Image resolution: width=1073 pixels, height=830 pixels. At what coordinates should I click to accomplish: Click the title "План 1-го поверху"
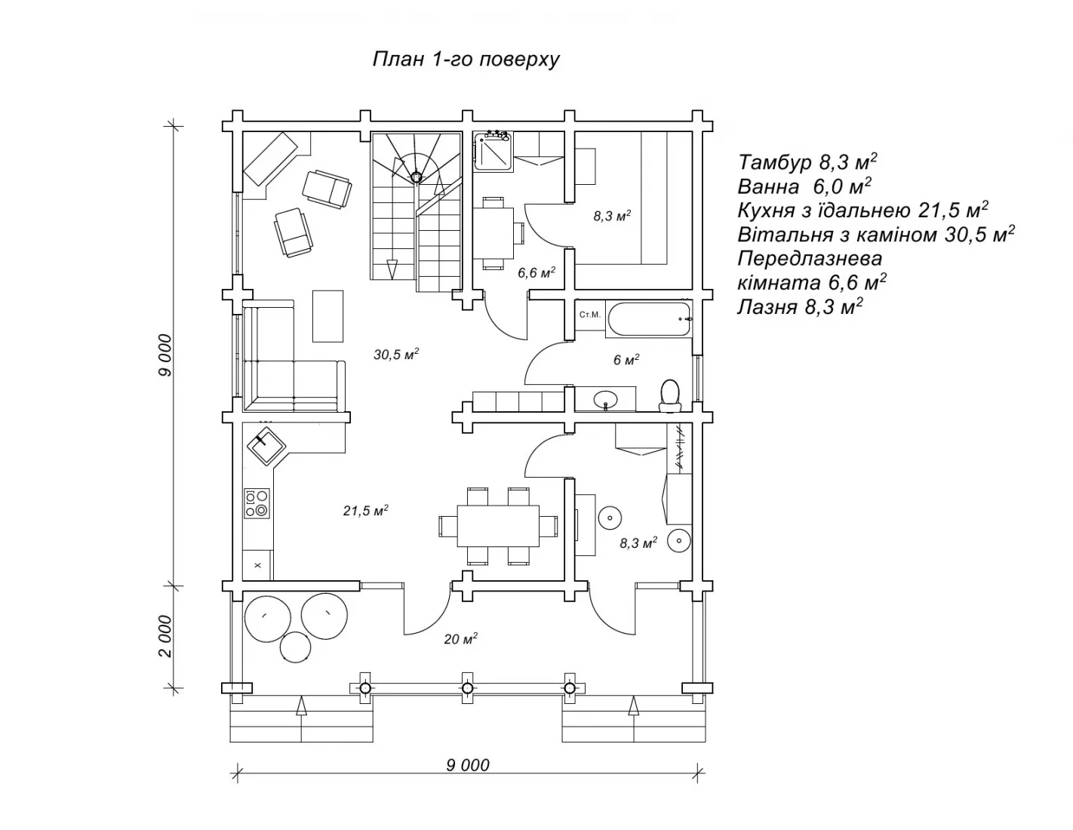point(466,60)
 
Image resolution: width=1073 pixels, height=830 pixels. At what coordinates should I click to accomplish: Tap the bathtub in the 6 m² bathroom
point(649,319)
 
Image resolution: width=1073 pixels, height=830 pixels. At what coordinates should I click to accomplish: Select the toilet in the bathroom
point(669,395)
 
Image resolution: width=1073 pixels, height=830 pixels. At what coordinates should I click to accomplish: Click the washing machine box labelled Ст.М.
point(590,315)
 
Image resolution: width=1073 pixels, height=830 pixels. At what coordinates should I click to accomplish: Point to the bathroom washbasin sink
point(605,398)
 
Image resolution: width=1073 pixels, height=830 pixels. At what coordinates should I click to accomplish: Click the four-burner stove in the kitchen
point(257,503)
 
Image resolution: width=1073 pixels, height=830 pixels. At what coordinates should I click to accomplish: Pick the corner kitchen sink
point(266,447)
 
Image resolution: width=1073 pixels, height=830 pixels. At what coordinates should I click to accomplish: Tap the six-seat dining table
point(498,525)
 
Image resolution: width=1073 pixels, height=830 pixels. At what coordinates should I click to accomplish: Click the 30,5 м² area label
point(396,354)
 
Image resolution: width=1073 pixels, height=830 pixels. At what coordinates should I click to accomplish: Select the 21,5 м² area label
point(365,510)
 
